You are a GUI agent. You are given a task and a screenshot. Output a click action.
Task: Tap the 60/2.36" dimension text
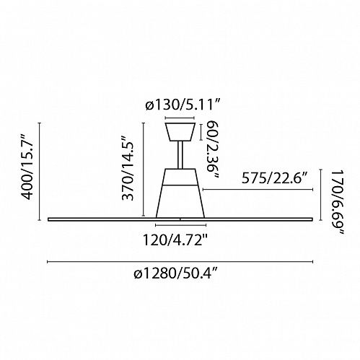(x=213, y=149)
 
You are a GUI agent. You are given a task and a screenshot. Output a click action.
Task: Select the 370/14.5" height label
(x=128, y=168)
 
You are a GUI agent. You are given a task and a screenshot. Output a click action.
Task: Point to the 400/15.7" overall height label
(x=27, y=167)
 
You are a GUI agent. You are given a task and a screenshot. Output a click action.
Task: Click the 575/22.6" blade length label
(x=275, y=178)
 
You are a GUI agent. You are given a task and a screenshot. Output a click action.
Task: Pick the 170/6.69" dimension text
(x=338, y=203)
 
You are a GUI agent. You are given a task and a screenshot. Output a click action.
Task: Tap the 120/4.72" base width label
(x=175, y=240)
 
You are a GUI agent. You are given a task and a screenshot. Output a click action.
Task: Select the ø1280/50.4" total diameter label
(x=176, y=273)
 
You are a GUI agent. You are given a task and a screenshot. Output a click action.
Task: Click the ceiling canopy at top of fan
(x=180, y=132)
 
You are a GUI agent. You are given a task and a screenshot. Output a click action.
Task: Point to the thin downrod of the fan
(x=180, y=155)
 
